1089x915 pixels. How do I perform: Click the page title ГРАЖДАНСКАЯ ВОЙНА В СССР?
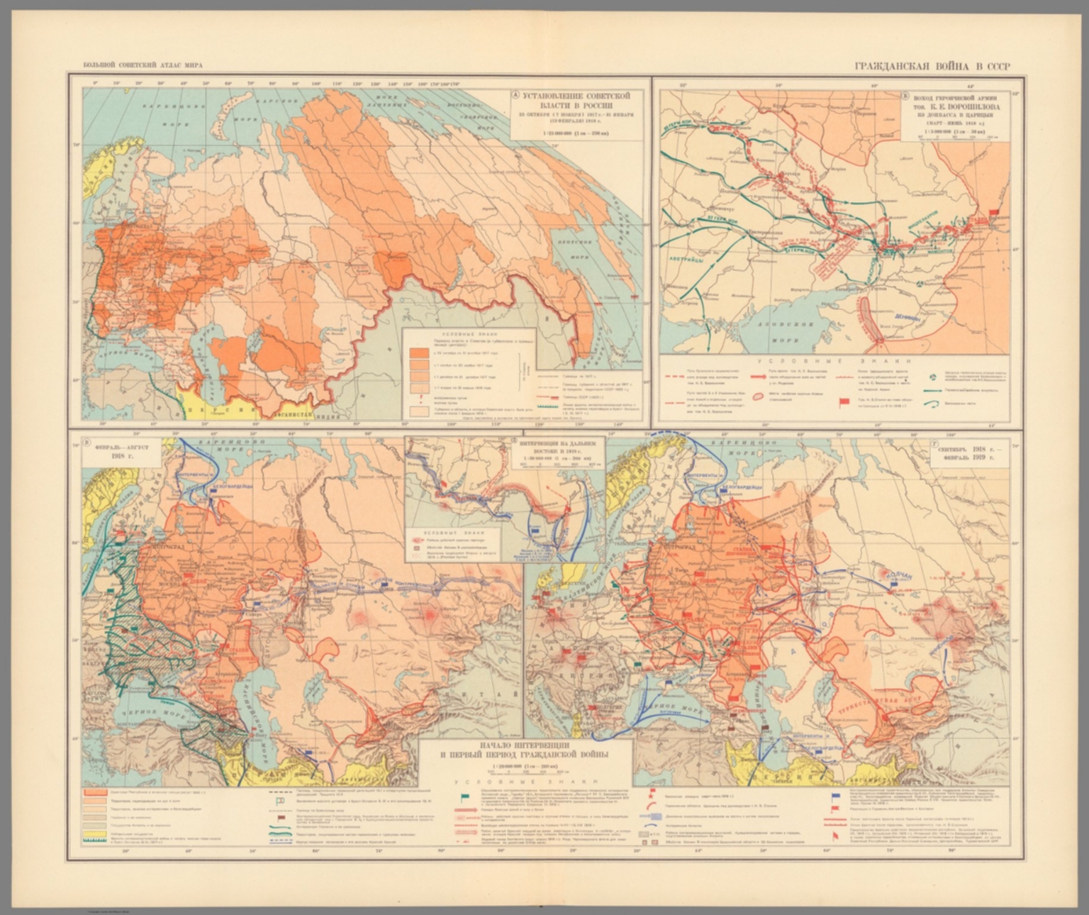932,67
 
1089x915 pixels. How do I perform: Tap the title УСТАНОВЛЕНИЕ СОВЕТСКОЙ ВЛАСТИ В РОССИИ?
571,99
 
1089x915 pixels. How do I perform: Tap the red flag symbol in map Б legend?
844,403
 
